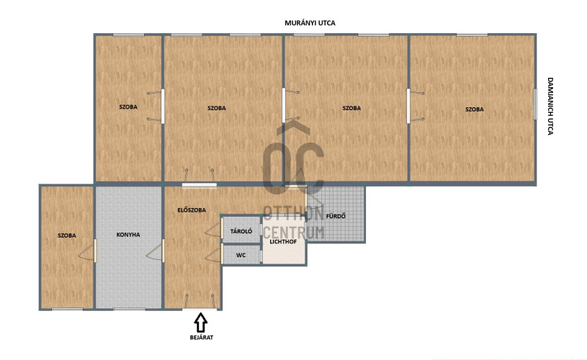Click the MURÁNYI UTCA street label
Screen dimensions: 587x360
pyautogui.click(x=310, y=23)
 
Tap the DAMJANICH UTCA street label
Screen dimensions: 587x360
pyautogui.click(x=550, y=106)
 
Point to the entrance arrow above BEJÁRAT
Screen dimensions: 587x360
pyautogui.click(x=201, y=323)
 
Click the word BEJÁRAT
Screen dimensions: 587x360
pyautogui.click(x=202, y=338)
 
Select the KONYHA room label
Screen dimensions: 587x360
pyautogui.click(x=128, y=235)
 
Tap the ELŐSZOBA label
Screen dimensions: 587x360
pyautogui.click(x=192, y=210)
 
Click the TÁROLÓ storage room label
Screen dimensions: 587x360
pyautogui.click(x=241, y=231)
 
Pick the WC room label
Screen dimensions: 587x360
pyautogui.click(x=241, y=255)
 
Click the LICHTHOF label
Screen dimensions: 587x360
pyautogui.click(x=283, y=242)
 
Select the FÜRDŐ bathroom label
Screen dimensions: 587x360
pyautogui.click(x=336, y=216)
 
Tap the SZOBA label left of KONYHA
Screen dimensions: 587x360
pyautogui.click(x=67, y=235)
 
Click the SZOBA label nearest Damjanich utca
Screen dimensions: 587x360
pyautogui.click(x=475, y=109)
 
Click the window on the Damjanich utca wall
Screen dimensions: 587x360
pyautogui.click(x=535, y=104)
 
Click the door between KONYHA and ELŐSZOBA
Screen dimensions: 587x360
pyautogui.click(x=155, y=251)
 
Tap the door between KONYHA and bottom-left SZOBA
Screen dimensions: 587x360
pyautogui.click(x=87, y=251)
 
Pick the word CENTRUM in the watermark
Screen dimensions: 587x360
pyautogui.click(x=293, y=233)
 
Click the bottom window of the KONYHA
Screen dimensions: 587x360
pyautogui.click(x=129, y=309)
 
